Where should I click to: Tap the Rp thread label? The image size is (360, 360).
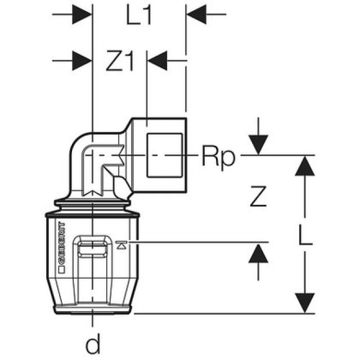click(217, 157)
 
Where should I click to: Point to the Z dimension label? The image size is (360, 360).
click(257, 197)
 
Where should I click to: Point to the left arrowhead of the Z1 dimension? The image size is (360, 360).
click(82, 58)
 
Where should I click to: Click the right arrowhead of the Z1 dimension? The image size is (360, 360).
click(157, 58)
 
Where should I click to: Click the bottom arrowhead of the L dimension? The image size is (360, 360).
click(304, 303)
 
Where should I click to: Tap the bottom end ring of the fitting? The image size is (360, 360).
click(92, 309)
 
